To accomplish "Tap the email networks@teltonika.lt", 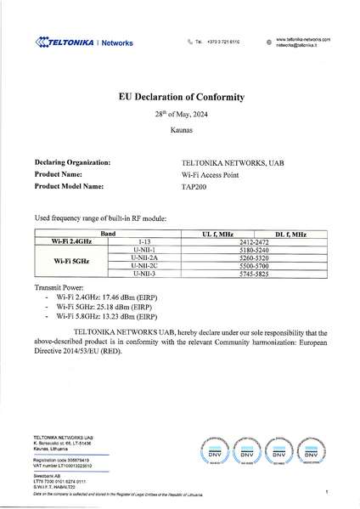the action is pyautogui.click(x=296, y=45).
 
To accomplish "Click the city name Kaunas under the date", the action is pyautogui.click(x=180, y=131).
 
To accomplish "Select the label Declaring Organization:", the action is pyautogui.click(x=72, y=161).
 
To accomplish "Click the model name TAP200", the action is pyautogui.click(x=195, y=185).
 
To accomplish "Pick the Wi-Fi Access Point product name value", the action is pyautogui.click(x=211, y=173).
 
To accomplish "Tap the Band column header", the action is pyautogui.click(x=108, y=233).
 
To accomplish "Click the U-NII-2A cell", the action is pyautogui.click(x=145, y=257).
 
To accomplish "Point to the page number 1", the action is pyautogui.click(x=326, y=492).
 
